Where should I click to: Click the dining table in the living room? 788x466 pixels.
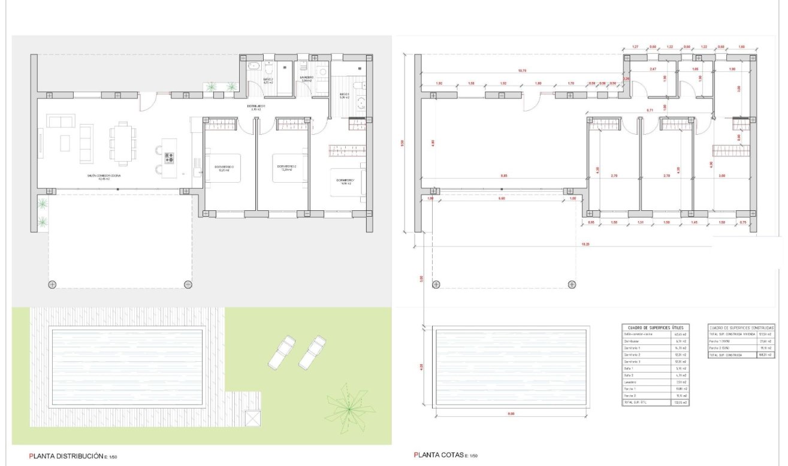pyautogui.click(x=122, y=143)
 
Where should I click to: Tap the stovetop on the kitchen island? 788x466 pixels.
pyautogui.click(x=169, y=158)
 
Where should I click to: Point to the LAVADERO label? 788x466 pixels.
pyautogui.click(x=307, y=77)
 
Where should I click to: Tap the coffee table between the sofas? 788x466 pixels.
pyautogui.click(x=65, y=143)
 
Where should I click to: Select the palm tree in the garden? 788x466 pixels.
pyautogui.click(x=346, y=410)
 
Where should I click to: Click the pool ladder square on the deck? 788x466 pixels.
pyautogui.click(x=253, y=417)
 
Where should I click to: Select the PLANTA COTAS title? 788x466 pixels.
pyautogui.click(x=439, y=456)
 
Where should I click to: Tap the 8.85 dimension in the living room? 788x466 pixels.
pyautogui.click(x=505, y=176)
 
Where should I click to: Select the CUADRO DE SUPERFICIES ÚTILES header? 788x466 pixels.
pyautogui.click(x=656, y=328)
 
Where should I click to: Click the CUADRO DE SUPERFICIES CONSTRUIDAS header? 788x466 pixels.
pyautogui.click(x=741, y=328)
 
